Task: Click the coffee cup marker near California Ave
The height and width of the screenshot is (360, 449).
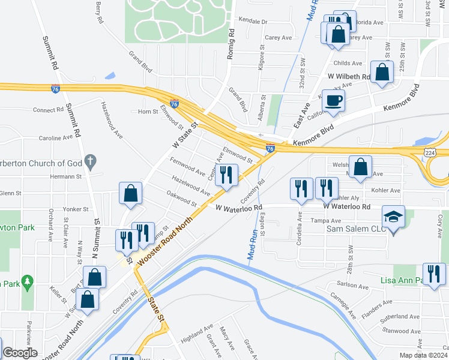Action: [335, 101]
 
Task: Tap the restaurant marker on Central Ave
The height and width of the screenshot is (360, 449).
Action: [226, 175]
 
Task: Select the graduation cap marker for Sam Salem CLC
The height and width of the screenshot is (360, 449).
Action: [394, 217]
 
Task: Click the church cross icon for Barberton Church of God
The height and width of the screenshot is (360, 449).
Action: [91, 161]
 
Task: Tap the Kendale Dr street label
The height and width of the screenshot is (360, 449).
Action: [253, 21]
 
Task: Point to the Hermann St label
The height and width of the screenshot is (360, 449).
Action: [66, 176]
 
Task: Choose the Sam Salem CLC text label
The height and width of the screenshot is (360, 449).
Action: [352, 229]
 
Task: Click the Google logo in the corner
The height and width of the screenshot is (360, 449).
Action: [20, 353]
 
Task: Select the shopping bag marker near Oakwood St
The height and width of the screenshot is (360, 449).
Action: [130, 193]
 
